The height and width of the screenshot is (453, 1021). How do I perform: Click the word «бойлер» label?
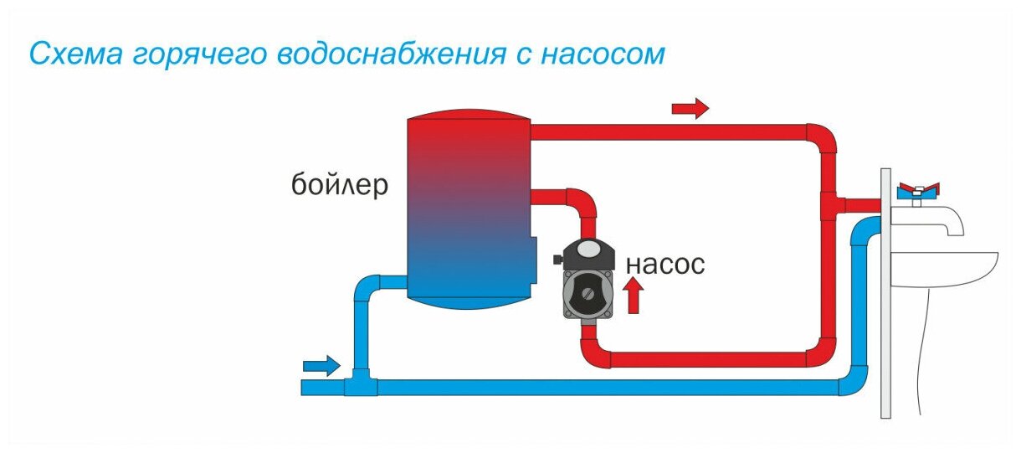click(x=340, y=185)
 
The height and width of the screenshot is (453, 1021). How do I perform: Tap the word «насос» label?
click(x=665, y=265)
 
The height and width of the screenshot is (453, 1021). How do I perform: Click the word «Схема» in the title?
click(x=76, y=54)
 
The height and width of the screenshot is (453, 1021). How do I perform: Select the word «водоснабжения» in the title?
click(x=391, y=54)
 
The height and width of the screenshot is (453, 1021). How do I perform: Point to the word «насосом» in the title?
click(x=603, y=54)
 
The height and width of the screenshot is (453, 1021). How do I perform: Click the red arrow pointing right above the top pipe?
click(x=690, y=109)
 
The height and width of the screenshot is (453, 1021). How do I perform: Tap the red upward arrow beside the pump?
click(x=634, y=296)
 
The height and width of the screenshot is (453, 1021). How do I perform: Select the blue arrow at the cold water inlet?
click(x=322, y=366)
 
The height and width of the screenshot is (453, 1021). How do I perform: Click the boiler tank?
click(x=469, y=208)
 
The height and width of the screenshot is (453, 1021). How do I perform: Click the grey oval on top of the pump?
click(x=588, y=249)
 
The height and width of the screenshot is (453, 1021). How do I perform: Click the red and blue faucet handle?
click(x=918, y=192)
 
